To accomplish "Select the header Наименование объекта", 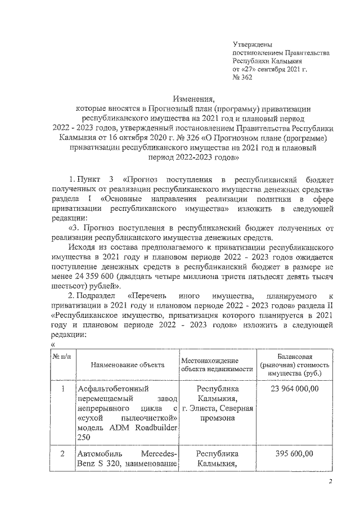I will click(x=128, y=364).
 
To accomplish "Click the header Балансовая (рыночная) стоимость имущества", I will click(x=295, y=364).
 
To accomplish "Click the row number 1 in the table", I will click(x=64, y=389).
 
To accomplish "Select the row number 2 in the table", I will click(x=64, y=453).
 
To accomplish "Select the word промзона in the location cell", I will click(x=217, y=419).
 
